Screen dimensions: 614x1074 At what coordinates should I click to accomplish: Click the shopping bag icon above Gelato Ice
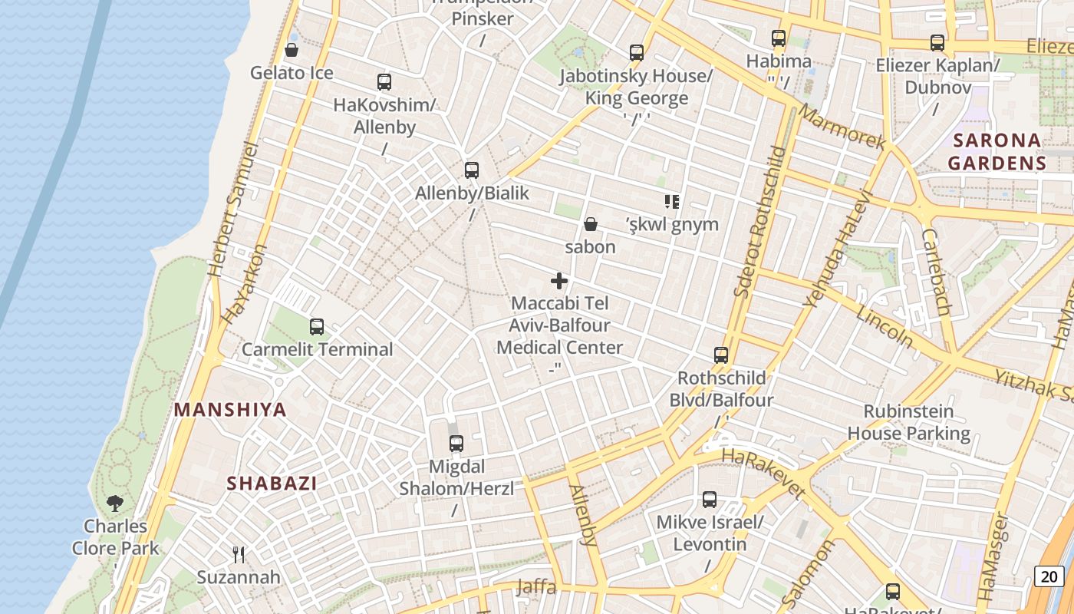pyautogui.click(x=292, y=50)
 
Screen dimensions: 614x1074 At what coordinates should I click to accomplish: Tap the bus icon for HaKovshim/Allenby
pyautogui.click(x=384, y=81)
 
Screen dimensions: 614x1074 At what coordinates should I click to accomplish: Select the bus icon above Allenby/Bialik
pyautogui.click(x=472, y=170)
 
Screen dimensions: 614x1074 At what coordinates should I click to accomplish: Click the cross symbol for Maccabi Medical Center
pyautogui.click(x=560, y=281)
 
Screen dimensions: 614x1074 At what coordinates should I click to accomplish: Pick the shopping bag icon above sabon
pyautogui.click(x=591, y=224)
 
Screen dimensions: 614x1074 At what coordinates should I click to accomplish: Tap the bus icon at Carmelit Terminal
pyautogui.click(x=317, y=327)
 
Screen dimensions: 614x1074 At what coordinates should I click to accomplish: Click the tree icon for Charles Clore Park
pyautogui.click(x=115, y=503)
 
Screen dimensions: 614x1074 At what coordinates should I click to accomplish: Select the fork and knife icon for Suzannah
pyautogui.click(x=239, y=554)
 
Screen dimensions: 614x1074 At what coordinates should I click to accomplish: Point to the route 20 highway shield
pyautogui.click(x=1049, y=576)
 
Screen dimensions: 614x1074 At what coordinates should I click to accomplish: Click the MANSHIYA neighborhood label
pyautogui.click(x=230, y=410)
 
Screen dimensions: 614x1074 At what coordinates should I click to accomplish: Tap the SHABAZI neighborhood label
pyautogui.click(x=272, y=484)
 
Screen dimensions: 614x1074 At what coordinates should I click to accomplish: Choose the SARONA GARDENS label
pyautogui.click(x=997, y=151)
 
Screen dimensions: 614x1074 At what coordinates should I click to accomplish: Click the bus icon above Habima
pyautogui.click(x=779, y=38)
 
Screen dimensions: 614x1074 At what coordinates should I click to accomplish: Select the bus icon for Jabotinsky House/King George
pyautogui.click(x=637, y=53)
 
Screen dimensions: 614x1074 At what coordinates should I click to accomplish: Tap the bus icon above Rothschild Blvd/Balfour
pyautogui.click(x=721, y=355)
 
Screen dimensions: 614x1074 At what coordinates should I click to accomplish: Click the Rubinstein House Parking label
pyautogui.click(x=909, y=422)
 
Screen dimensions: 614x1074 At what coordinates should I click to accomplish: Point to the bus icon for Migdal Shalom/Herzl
pyautogui.click(x=456, y=444)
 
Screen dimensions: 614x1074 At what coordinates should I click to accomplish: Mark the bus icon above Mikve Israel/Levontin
pyautogui.click(x=710, y=500)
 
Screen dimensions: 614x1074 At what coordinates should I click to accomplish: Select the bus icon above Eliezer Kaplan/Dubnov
pyautogui.click(x=937, y=43)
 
